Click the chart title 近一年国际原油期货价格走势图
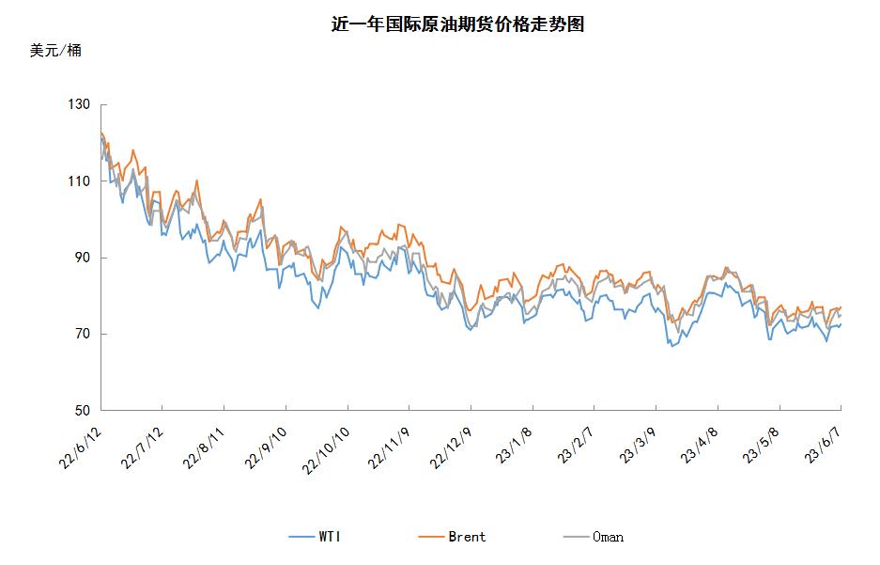coord(458,25)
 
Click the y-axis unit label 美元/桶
coord(55,51)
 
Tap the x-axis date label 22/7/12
coord(142,441)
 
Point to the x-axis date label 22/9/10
coord(266,441)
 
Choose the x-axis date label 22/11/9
coord(387,442)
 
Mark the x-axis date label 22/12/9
coord(449,442)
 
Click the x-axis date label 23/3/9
coord(637,439)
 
